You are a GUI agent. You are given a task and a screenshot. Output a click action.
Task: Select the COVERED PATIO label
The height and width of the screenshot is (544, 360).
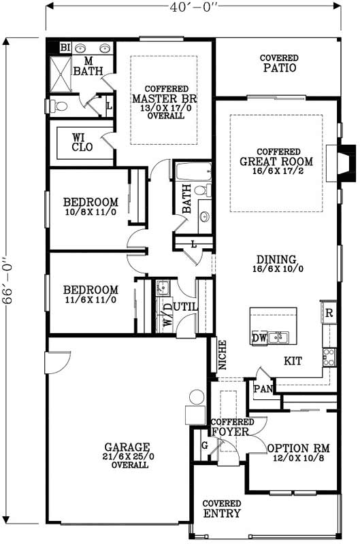point(280,64)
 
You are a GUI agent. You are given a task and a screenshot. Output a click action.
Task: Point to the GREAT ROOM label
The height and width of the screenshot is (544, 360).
point(276,162)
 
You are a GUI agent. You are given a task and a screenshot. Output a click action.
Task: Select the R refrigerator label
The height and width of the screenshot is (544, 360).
point(329,313)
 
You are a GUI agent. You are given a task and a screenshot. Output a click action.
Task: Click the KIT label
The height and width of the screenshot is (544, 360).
point(293,362)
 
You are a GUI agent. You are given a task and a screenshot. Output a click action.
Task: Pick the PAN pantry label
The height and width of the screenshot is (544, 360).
point(263,389)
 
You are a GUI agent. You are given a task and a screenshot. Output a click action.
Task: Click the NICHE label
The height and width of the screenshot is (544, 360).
point(222,355)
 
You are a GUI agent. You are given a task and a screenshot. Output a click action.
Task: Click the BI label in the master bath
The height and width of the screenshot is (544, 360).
point(65,48)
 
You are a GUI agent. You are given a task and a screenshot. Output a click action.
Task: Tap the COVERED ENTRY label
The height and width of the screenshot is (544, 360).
point(222,509)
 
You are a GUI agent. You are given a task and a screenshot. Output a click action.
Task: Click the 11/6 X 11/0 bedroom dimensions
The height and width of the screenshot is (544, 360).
point(91,299)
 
